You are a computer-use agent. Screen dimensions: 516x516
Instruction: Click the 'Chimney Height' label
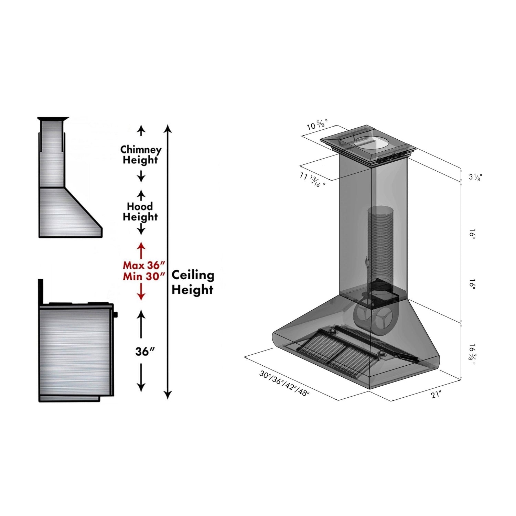click(x=141, y=155)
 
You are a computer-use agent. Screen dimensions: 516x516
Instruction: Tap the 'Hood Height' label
click(x=140, y=212)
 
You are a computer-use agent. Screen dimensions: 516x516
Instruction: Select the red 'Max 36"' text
click(x=144, y=265)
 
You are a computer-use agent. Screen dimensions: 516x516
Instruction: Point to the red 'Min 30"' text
click(x=144, y=276)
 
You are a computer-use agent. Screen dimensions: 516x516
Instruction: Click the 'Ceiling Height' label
click(x=193, y=282)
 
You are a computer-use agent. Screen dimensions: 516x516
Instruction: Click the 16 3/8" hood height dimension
click(x=472, y=354)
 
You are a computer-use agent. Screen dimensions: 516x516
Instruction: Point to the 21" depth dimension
click(x=436, y=395)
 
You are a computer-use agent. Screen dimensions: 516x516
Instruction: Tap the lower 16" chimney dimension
click(x=472, y=285)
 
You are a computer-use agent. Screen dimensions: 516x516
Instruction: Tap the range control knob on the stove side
click(x=116, y=314)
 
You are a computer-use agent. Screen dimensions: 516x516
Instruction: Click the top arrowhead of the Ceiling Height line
click(x=168, y=129)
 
